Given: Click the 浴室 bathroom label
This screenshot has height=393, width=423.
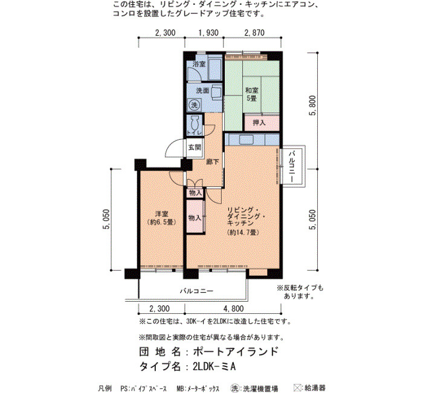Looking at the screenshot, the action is click(199, 64).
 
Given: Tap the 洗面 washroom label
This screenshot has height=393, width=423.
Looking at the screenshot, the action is click(202, 91).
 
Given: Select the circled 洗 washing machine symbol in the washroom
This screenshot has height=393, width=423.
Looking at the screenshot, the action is click(194, 105).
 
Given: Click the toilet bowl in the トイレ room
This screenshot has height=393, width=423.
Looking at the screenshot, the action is click(195, 123).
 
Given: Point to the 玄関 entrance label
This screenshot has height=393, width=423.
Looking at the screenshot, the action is click(195, 148).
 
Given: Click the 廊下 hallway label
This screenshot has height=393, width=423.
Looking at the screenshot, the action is click(213, 161).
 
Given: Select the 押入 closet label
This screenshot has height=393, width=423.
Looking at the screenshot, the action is click(259, 123).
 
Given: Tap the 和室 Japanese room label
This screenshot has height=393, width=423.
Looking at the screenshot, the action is click(252, 90).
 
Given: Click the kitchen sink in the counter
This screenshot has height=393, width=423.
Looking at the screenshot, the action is click(246, 140).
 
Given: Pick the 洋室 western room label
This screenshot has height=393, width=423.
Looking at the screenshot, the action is click(161, 214).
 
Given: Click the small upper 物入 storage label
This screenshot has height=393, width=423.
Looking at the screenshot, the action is click(195, 193).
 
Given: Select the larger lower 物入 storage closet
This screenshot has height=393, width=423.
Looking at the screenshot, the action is click(195, 216).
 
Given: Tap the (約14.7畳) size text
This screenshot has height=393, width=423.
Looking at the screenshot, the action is click(243, 232).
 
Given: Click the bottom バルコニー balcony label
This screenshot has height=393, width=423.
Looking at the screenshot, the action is click(196, 291).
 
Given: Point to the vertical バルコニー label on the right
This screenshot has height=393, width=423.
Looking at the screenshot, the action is click(292, 167).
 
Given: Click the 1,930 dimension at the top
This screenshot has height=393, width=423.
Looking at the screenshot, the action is click(208, 33).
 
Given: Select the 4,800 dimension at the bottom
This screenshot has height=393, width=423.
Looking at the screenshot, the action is click(234, 308).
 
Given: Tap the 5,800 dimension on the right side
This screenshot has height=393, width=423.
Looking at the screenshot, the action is click(312, 106).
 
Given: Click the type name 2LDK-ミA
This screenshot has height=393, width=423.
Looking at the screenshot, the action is click(214, 366).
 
